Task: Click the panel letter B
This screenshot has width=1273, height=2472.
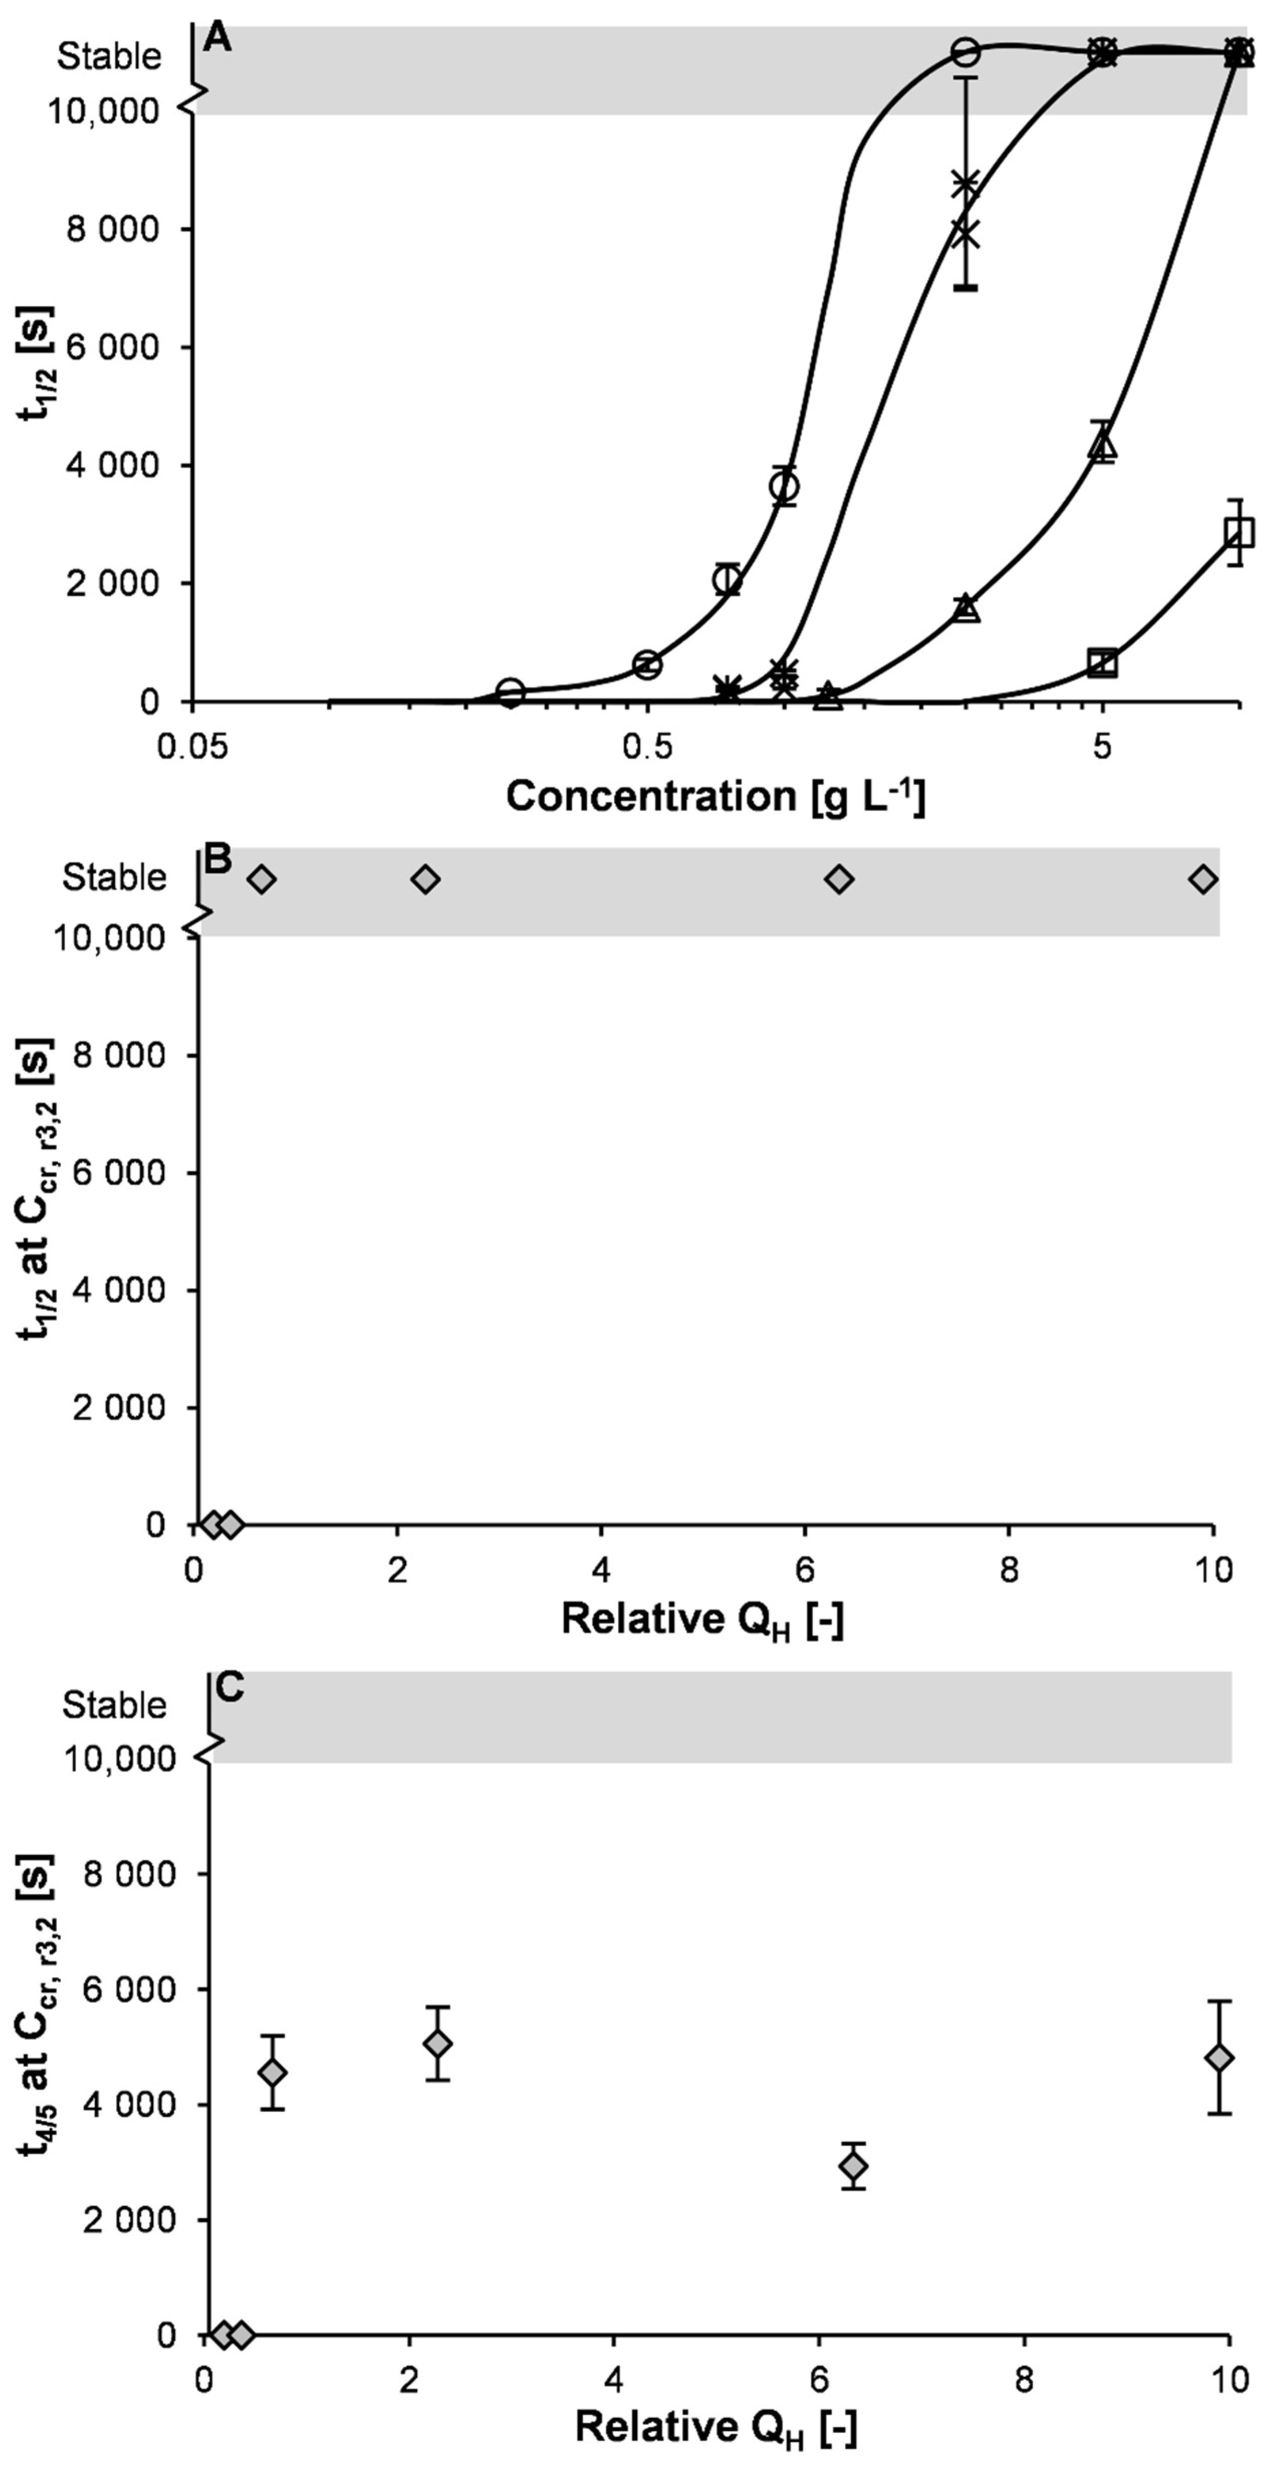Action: coord(219,859)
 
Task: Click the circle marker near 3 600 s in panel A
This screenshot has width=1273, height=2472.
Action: coord(785,487)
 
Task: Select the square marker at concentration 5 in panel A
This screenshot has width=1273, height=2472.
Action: coord(1103,662)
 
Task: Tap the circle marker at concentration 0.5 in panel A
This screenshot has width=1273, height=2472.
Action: coord(647,664)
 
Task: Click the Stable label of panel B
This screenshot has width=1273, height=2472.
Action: coord(114,877)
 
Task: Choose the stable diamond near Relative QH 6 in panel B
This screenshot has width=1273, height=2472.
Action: coord(840,879)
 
